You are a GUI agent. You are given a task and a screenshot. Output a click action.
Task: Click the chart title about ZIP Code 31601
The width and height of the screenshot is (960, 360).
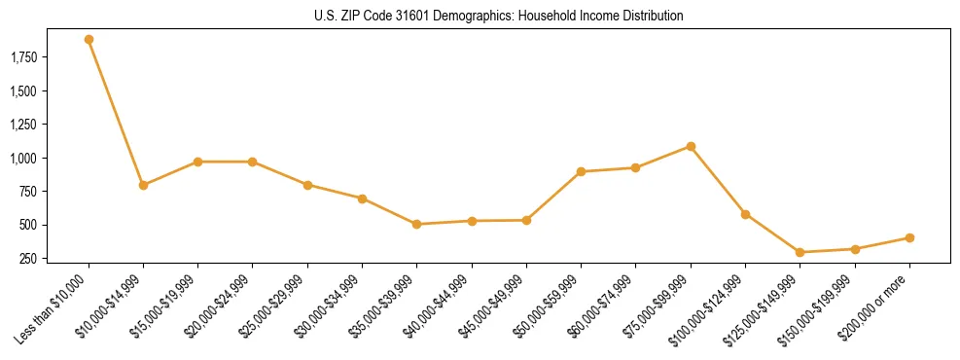(x=499, y=16)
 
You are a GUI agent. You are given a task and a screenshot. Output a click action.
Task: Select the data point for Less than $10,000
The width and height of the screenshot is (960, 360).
(x=89, y=40)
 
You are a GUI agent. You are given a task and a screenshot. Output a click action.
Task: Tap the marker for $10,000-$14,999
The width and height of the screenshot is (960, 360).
(x=143, y=185)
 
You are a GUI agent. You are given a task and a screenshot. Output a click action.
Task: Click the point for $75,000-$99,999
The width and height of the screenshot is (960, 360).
(x=691, y=147)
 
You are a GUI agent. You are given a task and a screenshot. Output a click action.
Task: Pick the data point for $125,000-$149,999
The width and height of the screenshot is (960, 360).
(x=800, y=252)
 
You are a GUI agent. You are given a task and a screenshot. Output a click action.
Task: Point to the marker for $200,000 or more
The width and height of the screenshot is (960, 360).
(x=909, y=237)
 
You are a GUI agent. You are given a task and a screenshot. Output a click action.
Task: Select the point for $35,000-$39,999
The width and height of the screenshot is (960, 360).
(x=416, y=224)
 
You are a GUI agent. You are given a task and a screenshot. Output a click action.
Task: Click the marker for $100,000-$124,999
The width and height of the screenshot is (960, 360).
(x=745, y=214)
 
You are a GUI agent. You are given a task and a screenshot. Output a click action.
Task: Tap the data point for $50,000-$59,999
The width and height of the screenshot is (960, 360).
(x=581, y=171)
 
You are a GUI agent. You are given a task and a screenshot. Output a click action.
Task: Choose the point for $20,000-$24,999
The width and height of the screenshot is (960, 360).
(x=253, y=162)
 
